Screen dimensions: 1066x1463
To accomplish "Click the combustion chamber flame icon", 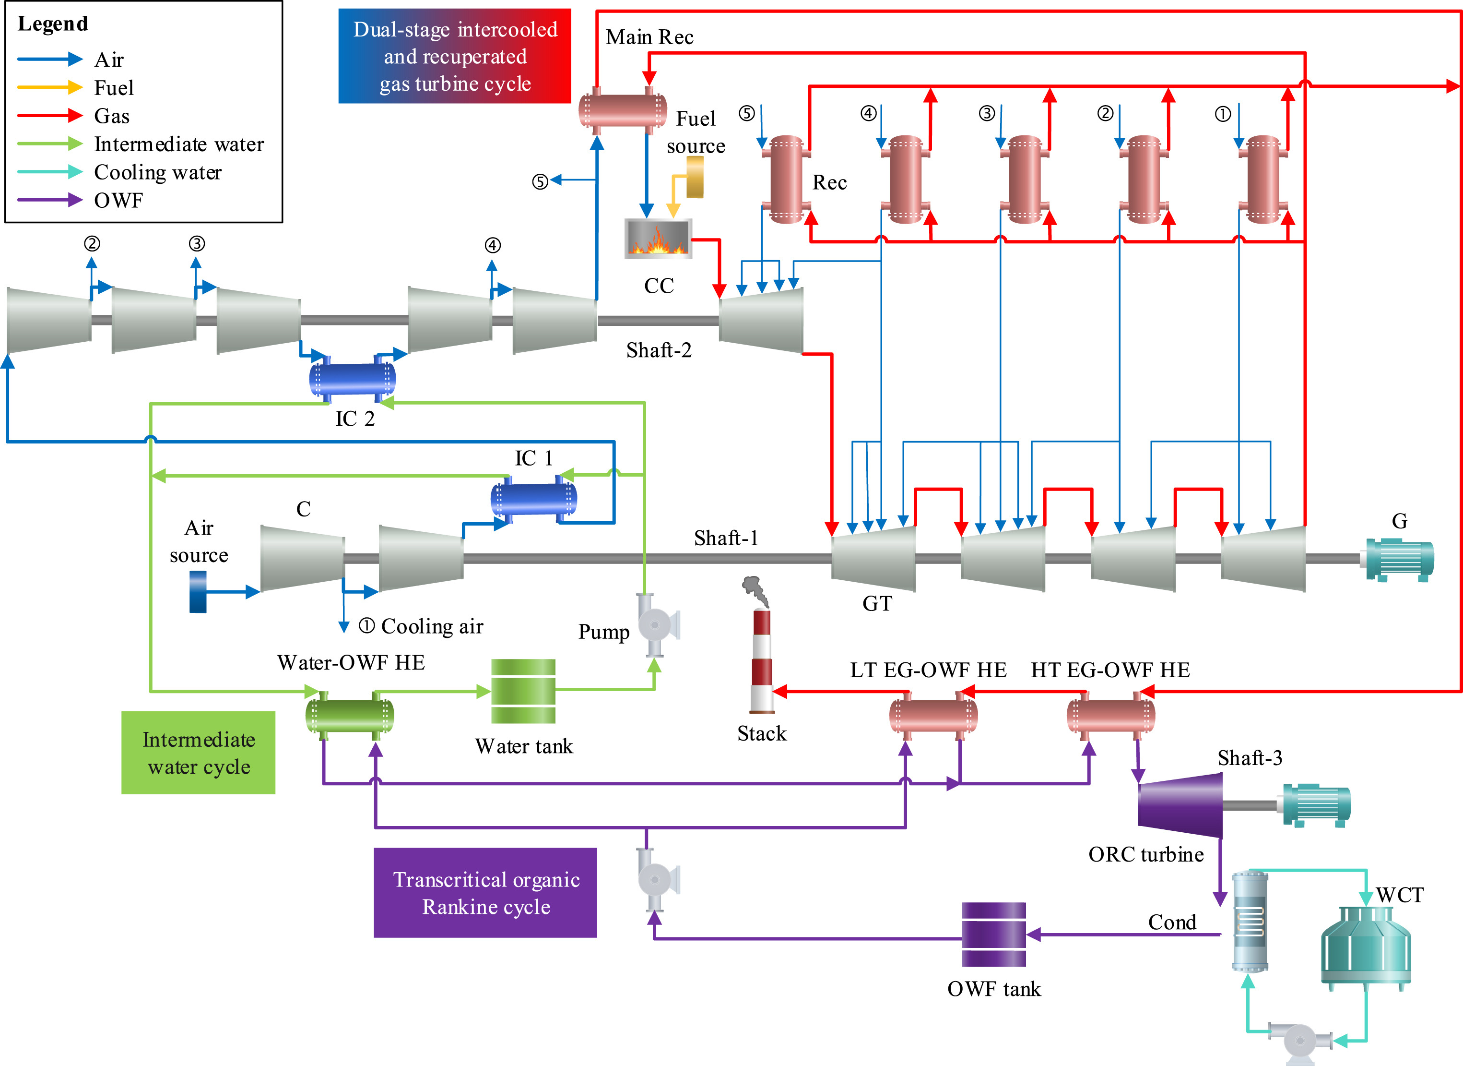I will (x=658, y=239).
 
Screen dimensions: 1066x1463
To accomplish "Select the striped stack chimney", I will (x=762, y=661).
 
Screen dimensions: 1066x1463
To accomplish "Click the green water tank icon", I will (x=523, y=691).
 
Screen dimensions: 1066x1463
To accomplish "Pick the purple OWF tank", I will (x=993, y=934).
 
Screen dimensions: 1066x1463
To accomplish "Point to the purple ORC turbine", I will (x=1180, y=805).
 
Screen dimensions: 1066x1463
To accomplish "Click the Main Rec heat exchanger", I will (x=623, y=110).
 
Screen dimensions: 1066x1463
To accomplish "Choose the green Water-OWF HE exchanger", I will (x=350, y=716).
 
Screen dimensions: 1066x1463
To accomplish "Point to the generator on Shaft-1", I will (x=1399, y=560).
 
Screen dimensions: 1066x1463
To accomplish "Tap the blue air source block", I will (x=198, y=592).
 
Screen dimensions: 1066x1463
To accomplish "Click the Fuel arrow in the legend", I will (x=50, y=87).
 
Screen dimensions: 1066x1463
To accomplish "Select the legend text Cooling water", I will (x=157, y=172).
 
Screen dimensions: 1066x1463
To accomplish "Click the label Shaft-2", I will (x=659, y=350).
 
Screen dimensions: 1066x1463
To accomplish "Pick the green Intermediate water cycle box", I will (x=198, y=753).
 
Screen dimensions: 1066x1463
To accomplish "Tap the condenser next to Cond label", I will (x=1250, y=922).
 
